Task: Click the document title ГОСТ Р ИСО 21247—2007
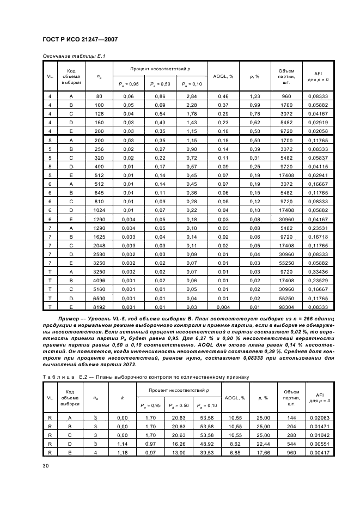80,39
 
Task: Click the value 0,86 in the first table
160,96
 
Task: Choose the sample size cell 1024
99,210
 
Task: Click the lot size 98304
286,308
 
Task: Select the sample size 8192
99,308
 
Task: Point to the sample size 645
99,192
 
